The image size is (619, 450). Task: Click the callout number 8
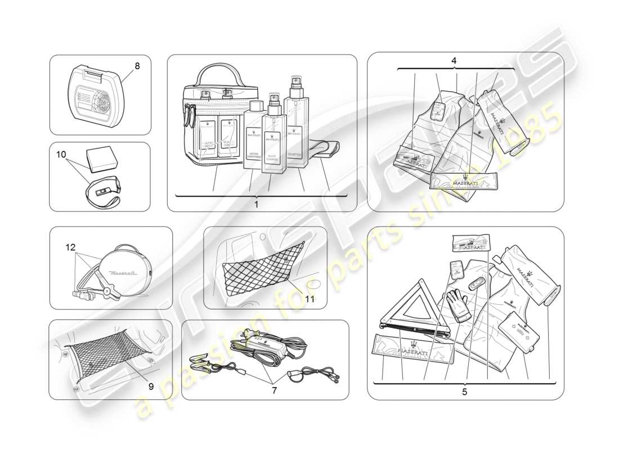(x=137, y=66)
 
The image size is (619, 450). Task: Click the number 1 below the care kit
(x=256, y=205)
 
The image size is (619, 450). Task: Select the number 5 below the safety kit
(x=464, y=392)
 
